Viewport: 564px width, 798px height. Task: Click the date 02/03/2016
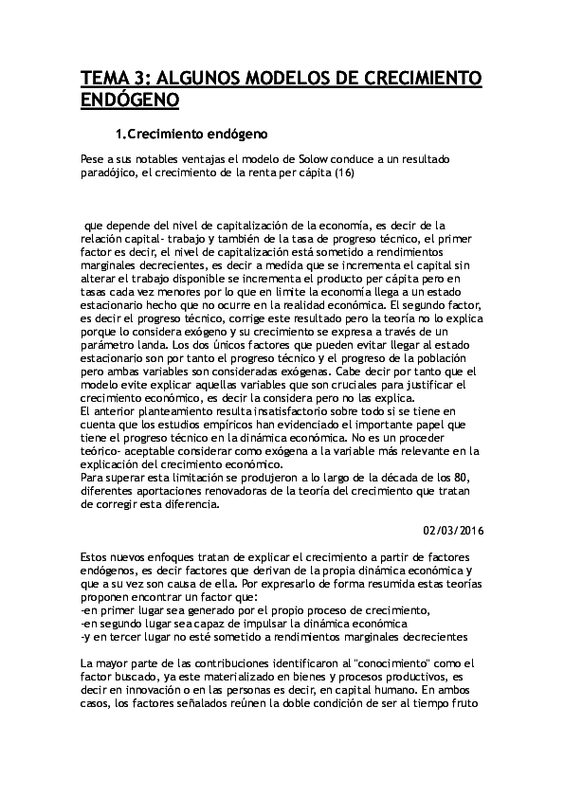click(452, 531)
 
